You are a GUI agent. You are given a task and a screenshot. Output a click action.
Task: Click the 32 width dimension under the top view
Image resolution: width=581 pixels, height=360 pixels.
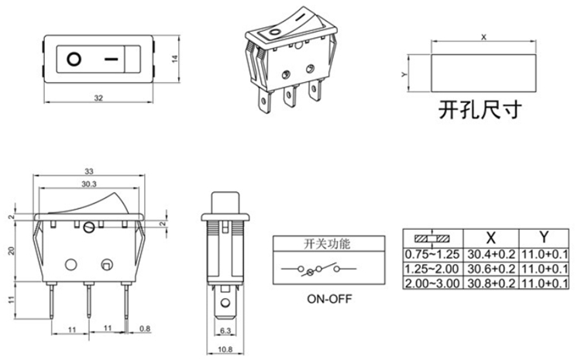tap(98, 98)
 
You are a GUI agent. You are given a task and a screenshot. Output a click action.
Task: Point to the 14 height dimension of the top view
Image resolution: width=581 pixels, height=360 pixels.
tap(175, 59)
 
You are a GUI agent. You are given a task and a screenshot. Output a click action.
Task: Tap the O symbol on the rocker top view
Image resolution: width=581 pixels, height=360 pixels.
tap(74, 59)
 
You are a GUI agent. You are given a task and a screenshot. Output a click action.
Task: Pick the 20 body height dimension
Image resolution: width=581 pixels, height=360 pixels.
tap(11, 251)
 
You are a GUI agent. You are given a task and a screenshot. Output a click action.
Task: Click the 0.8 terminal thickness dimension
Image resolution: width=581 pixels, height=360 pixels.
tap(146, 328)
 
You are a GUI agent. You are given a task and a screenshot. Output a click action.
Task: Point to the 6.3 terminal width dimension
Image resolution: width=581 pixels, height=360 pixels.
tap(225, 331)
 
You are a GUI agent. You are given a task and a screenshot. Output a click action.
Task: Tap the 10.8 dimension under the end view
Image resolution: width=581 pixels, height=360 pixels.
tap(224, 350)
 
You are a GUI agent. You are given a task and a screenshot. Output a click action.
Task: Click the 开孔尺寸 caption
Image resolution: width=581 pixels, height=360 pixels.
tap(480, 110)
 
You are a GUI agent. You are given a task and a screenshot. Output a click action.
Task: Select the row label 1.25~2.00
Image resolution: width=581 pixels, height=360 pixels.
tap(432, 269)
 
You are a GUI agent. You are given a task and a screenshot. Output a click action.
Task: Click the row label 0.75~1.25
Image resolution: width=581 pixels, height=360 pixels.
tap(432, 254)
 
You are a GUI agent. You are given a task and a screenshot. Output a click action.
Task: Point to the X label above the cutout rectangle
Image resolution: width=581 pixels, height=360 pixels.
tap(483, 36)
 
